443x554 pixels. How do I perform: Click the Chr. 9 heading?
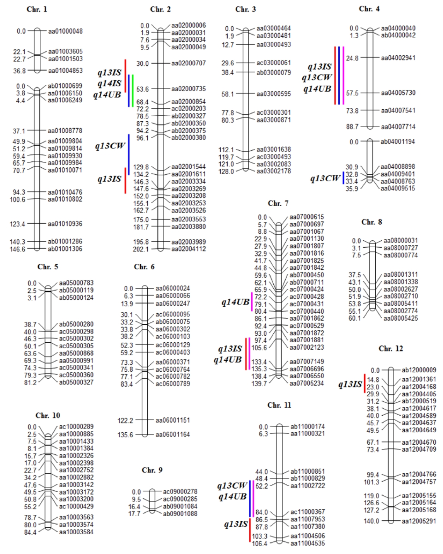[152, 470]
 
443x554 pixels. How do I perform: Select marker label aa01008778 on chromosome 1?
[65, 131]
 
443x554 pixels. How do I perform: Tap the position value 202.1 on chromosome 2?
[141, 249]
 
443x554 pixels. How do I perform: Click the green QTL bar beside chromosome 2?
[133, 91]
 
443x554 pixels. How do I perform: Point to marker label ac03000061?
[274, 63]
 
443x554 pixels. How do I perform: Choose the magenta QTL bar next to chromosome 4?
[343, 75]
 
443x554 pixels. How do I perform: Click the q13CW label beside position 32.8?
[325, 178]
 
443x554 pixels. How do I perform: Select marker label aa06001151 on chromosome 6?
[172, 420]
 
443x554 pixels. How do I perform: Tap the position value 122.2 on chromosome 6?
[125, 421]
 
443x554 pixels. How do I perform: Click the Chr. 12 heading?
[391, 348]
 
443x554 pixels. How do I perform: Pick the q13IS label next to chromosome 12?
[350, 384]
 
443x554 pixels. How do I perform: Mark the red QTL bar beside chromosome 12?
[365, 384]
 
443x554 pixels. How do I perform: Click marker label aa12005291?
[419, 521]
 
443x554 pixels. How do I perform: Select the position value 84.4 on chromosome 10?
[31, 532]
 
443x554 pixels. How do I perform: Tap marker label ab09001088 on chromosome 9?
[180, 513]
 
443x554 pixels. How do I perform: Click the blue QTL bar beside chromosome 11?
[250, 499]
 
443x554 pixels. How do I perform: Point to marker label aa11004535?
[308, 543]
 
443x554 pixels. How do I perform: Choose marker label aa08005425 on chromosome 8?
[401, 318]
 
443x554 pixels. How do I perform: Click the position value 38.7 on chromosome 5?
[31, 325]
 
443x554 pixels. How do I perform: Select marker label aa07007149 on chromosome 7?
[307, 362]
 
